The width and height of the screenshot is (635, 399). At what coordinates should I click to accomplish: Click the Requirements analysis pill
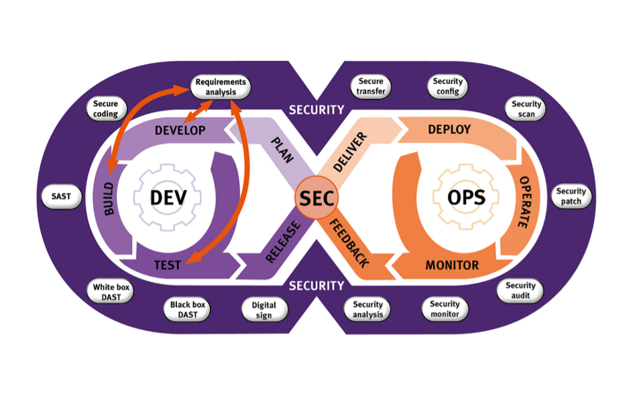coord(221,87)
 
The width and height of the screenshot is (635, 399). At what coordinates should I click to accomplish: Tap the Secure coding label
coord(105,109)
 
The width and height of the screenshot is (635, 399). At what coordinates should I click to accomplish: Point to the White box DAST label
coord(112,292)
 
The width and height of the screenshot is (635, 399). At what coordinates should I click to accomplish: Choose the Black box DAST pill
coord(188,309)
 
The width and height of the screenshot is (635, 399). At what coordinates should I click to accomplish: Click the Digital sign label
coord(264,309)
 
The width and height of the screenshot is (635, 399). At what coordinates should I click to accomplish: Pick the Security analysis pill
coord(367,309)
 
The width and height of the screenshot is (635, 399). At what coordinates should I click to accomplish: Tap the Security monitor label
coord(445,309)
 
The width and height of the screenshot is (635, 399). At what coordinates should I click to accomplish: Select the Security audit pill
coord(520,290)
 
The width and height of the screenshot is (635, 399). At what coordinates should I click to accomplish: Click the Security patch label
coord(571,196)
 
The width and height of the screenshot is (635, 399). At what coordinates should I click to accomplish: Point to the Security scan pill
coord(526,109)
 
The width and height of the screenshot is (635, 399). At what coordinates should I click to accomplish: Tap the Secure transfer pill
coord(371,87)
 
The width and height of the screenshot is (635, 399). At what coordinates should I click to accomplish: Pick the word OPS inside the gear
coord(467,198)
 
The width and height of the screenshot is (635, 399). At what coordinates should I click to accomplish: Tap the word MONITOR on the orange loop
coord(452,266)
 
